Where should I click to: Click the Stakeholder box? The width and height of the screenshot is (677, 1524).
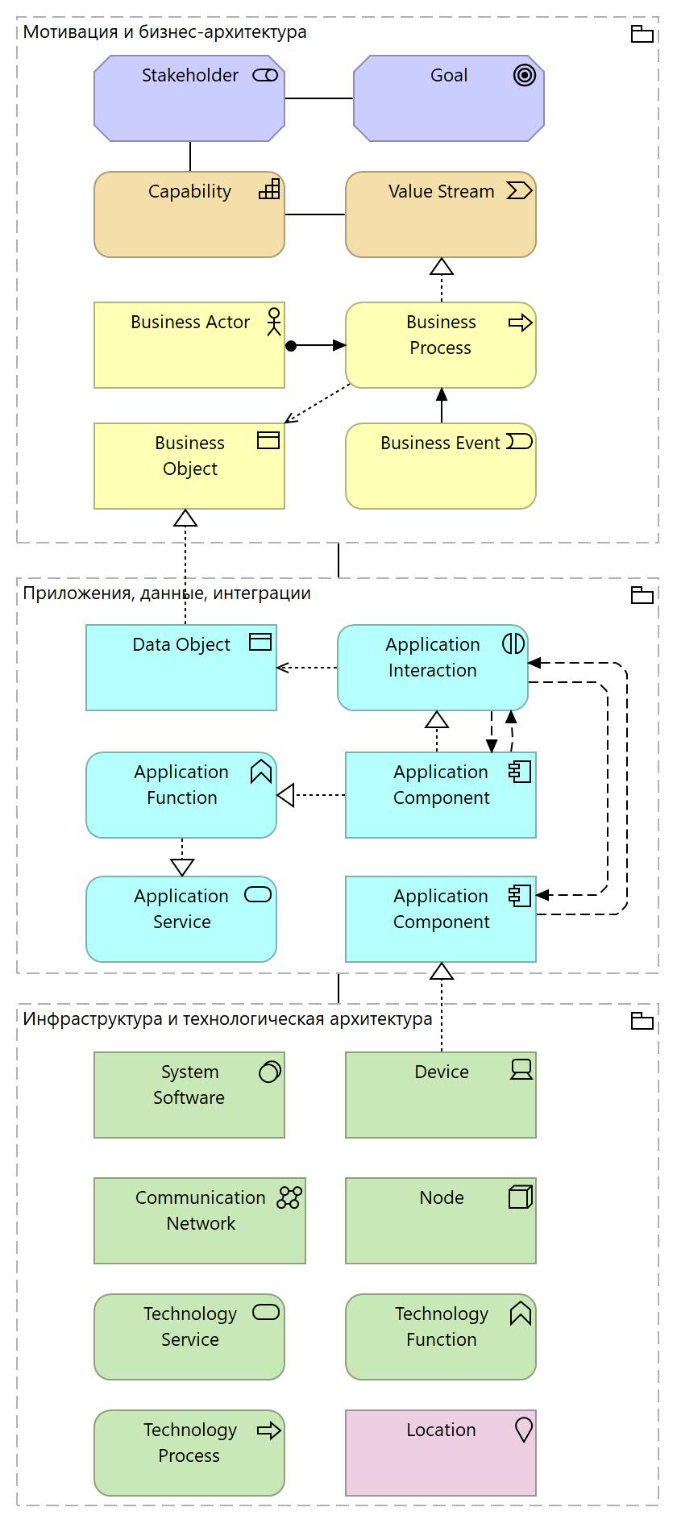click(189, 98)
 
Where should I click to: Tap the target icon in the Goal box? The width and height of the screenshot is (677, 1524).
click(524, 76)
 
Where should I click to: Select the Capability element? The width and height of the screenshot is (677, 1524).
click(189, 214)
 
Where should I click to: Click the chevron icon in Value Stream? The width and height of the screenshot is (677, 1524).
click(519, 190)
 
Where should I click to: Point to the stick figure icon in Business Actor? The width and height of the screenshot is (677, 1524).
click(274, 321)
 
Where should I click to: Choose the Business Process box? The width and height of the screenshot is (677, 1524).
click(440, 345)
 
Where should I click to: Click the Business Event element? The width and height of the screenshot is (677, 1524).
click(440, 466)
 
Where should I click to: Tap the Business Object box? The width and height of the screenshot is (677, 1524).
click(189, 466)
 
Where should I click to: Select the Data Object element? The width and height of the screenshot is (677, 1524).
click(181, 668)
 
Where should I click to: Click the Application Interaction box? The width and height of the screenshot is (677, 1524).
click(432, 668)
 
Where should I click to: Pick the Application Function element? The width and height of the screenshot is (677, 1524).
click(181, 795)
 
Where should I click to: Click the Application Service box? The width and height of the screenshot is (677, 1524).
click(181, 919)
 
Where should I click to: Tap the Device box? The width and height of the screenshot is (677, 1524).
click(440, 1095)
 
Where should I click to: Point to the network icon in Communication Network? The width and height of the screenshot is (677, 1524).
click(289, 1197)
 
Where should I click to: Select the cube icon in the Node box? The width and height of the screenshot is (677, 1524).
click(521, 1197)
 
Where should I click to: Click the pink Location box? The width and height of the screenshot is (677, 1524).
click(440, 1453)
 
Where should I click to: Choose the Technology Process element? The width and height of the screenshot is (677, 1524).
click(189, 1453)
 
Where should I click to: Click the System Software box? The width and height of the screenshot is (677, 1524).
click(189, 1095)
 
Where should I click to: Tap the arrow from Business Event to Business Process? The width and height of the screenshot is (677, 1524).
click(441, 406)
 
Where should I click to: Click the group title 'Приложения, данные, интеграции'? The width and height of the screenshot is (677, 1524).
click(167, 593)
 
